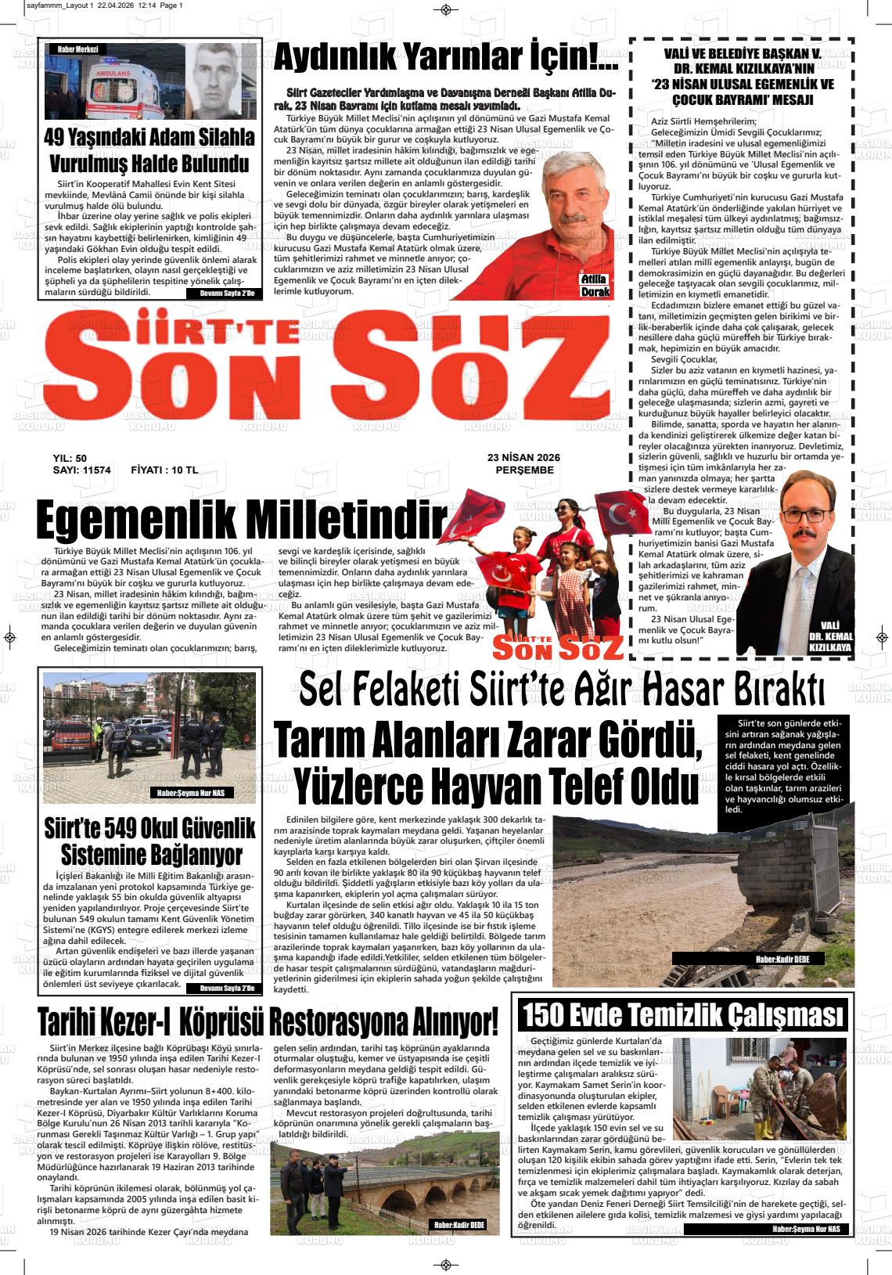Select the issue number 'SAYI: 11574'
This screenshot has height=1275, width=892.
(x=81, y=470)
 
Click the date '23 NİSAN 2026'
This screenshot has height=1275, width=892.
(x=524, y=458)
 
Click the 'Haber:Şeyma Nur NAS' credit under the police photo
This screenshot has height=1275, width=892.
(x=192, y=794)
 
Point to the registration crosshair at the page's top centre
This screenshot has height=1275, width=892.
(x=446, y=9)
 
